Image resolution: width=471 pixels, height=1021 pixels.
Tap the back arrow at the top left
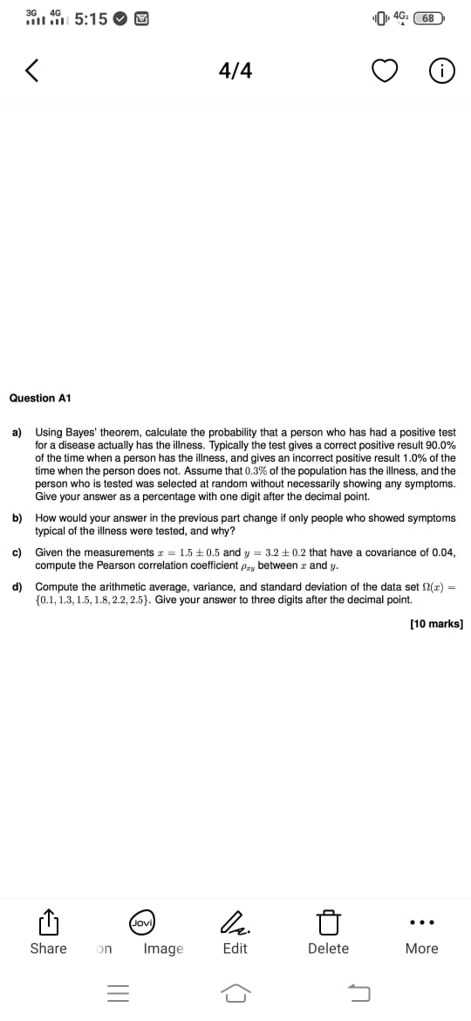click(x=32, y=71)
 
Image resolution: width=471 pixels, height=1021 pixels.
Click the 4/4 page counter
click(x=235, y=71)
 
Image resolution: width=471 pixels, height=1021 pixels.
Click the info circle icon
click(x=440, y=72)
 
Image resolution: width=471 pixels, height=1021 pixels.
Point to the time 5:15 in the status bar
click(x=91, y=18)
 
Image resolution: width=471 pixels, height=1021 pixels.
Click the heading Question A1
click(x=39, y=398)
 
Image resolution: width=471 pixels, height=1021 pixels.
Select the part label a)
click(x=17, y=432)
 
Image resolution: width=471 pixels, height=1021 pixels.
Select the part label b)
click(x=17, y=518)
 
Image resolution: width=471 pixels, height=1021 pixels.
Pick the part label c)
click(x=17, y=552)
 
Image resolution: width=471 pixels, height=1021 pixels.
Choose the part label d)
click(x=17, y=586)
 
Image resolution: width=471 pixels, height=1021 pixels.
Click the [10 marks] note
click(x=436, y=624)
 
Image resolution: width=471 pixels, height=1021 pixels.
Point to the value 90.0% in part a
click(x=438, y=445)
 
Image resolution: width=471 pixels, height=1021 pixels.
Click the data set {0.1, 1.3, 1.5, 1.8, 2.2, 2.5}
click(x=92, y=600)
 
